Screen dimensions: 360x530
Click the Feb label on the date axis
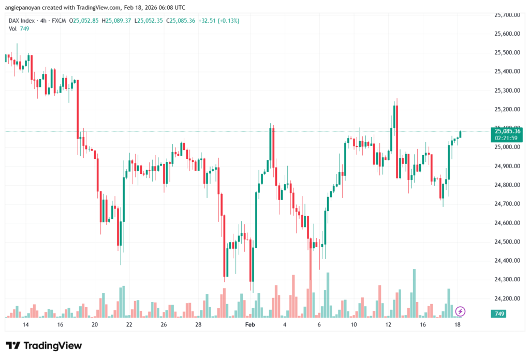point(250,325)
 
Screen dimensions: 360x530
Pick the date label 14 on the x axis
point(25,325)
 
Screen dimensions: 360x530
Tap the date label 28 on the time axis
point(198,325)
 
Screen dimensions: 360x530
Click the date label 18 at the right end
point(458,325)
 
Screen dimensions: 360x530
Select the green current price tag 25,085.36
point(507,131)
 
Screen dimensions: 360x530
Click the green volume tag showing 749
point(499,314)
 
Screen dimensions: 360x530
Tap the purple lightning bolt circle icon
point(460,311)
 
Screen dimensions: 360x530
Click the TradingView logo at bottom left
point(43,346)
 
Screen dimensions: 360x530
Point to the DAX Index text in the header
point(22,21)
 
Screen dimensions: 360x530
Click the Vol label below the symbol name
point(13,28)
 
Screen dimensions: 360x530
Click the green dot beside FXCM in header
point(71,21)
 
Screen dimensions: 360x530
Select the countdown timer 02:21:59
point(507,138)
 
